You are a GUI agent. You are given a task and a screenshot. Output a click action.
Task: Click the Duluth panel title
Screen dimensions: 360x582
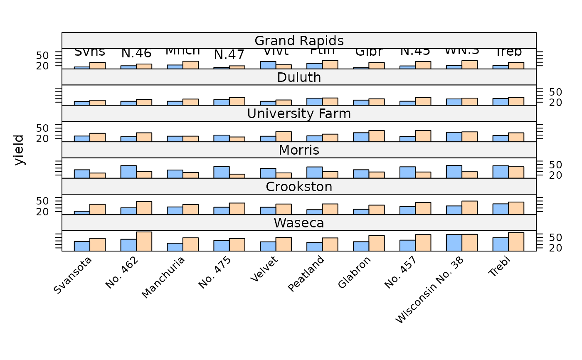click(299, 77)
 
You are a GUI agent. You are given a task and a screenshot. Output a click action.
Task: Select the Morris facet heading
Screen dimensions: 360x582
click(299, 150)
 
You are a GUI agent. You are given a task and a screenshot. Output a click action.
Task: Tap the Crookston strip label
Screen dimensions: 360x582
click(299, 187)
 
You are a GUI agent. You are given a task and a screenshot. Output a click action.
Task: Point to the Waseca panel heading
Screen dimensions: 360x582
click(299, 223)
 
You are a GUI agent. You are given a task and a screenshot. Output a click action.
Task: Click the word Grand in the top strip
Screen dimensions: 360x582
click(272, 41)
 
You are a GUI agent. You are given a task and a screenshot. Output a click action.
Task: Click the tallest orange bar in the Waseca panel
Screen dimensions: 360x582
click(144, 242)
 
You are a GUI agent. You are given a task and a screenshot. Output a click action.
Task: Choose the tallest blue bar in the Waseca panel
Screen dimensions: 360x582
click(454, 243)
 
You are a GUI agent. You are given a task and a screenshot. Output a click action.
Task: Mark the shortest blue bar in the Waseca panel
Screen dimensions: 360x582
click(175, 247)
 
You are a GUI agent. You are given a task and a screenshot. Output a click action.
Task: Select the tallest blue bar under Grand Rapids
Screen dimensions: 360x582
click(268, 65)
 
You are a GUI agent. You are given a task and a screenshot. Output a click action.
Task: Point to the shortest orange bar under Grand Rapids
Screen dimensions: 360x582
click(237, 67)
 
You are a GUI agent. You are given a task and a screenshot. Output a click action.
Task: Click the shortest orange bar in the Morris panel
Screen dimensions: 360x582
click(237, 176)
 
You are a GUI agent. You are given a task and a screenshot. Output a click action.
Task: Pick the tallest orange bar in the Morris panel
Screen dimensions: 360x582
click(516, 173)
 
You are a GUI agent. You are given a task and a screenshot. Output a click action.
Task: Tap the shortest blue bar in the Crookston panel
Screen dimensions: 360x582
click(82, 213)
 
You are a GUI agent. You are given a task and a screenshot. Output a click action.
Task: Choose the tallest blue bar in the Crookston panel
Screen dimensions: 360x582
click(501, 209)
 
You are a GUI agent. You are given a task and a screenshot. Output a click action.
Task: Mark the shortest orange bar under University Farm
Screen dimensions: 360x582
click(237, 139)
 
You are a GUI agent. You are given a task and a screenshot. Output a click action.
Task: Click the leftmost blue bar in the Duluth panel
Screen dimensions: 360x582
click(82, 104)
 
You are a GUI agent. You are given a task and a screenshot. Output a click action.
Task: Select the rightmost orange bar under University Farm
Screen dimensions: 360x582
click(516, 137)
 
